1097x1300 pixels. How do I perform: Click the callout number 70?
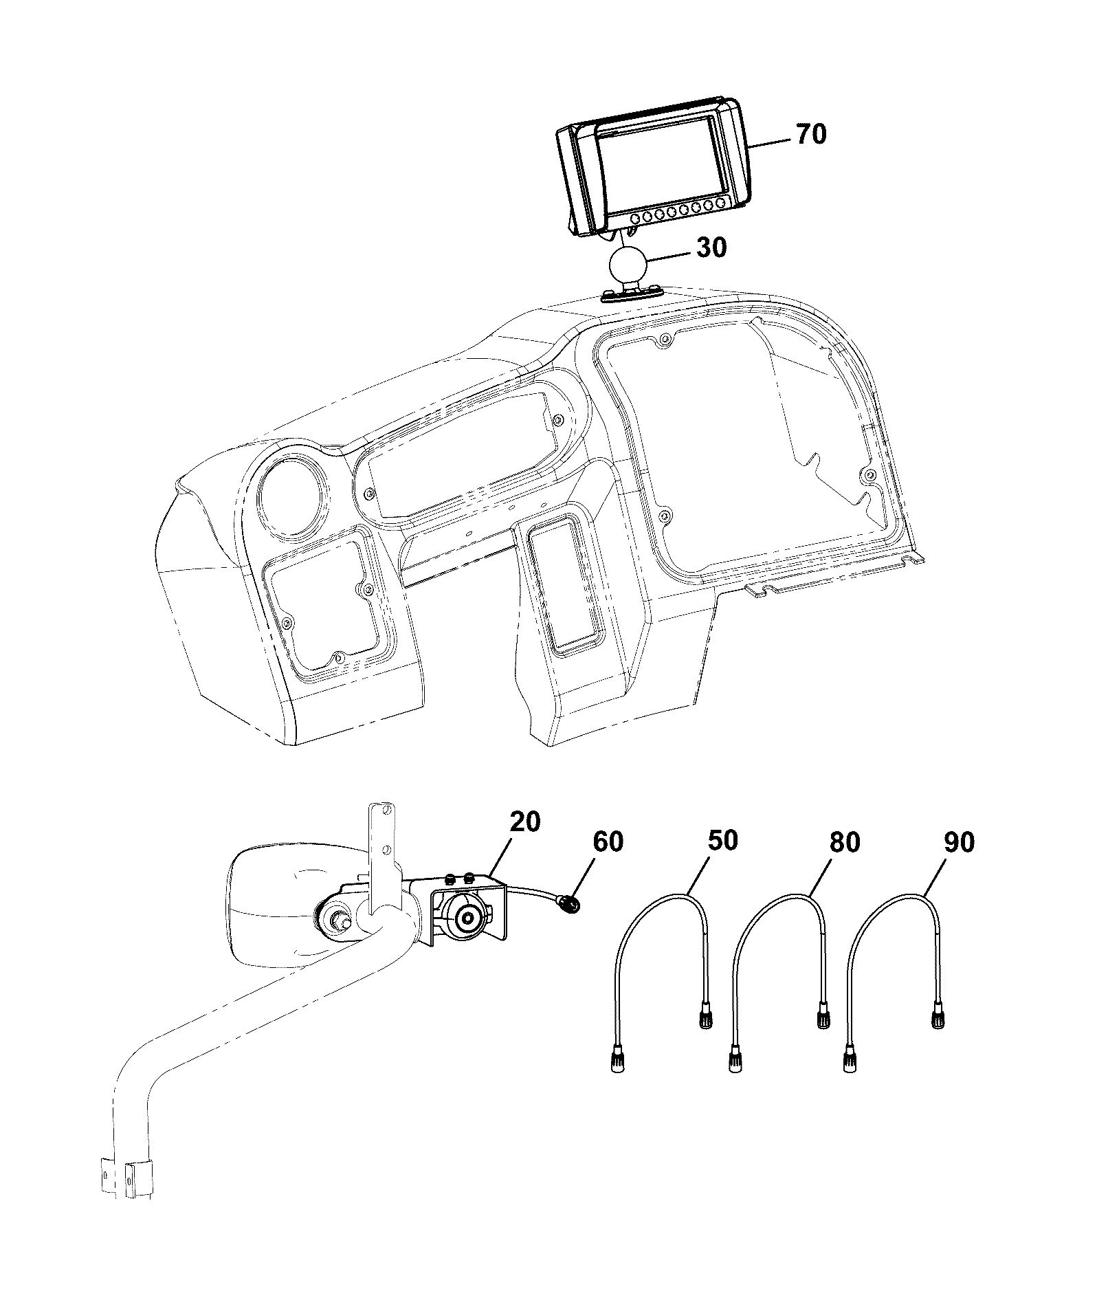tap(811, 133)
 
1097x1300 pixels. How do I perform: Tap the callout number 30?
tap(711, 247)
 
